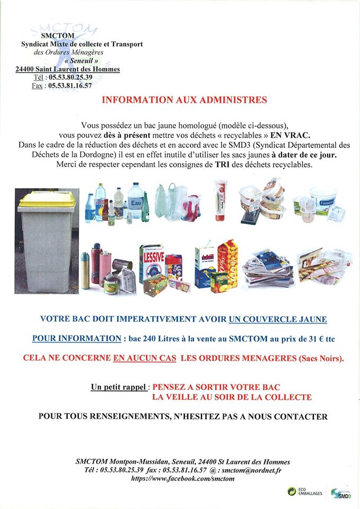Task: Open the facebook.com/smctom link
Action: (x=182, y=478)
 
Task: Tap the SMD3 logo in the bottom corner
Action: (x=341, y=493)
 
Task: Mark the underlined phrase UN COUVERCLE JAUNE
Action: (x=278, y=319)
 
